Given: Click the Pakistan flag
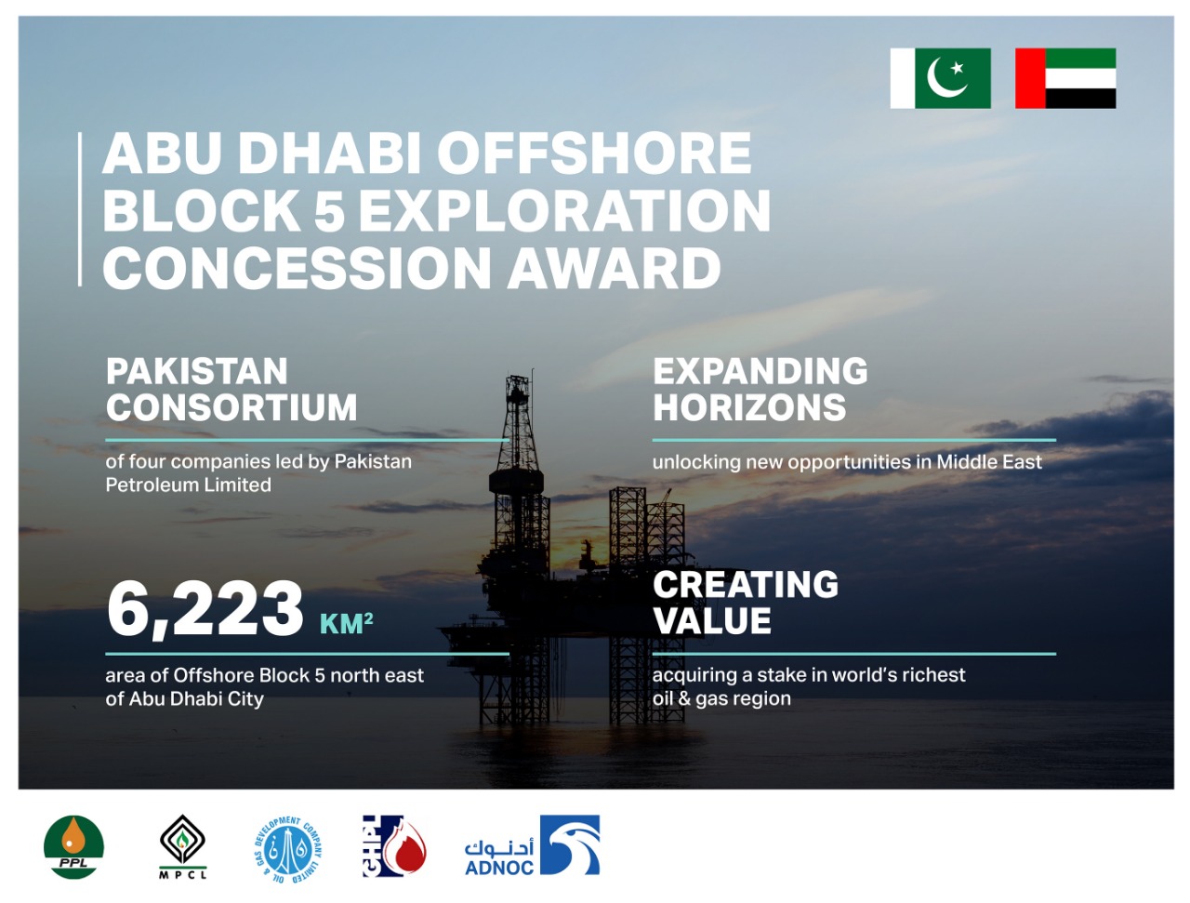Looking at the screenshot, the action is click(x=940, y=78).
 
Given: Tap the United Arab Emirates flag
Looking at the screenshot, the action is click(x=1065, y=78).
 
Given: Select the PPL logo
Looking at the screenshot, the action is click(x=73, y=847).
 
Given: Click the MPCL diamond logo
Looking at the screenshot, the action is click(x=183, y=846).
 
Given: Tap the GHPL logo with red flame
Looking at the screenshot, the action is click(x=394, y=846).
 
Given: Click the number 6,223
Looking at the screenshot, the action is click(x=205, y=608).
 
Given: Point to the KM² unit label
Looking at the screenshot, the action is click(x=346, y=623).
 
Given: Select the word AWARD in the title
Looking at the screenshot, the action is click(x=614, y=268).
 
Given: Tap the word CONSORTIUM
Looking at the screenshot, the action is click(x=231, y=406).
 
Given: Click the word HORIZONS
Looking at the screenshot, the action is click(x=749, y=406).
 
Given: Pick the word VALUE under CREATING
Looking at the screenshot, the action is click(x=712, y=620).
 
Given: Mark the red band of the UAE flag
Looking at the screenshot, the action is click(x=1030, y=78).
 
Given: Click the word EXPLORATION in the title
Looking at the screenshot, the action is click(x=564, y=210).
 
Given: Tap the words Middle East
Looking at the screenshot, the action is click(x=989, y=461).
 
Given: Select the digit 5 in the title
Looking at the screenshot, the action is click(x=330, y=210).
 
